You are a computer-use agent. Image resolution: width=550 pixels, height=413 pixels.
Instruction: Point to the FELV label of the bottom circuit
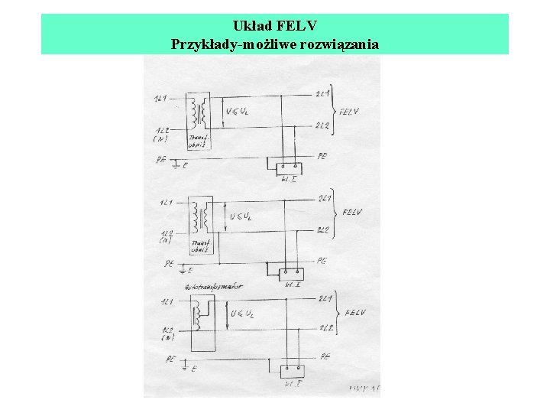(355, 313)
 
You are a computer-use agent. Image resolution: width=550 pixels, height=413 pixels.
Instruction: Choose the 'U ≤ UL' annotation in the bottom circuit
(242, 314)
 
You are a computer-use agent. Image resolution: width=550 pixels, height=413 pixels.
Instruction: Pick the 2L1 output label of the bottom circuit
(326, 299)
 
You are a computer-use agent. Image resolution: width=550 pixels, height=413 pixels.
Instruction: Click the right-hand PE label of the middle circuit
(321, 261)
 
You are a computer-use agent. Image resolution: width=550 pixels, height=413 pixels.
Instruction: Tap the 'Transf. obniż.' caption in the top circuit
(198, 142)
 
